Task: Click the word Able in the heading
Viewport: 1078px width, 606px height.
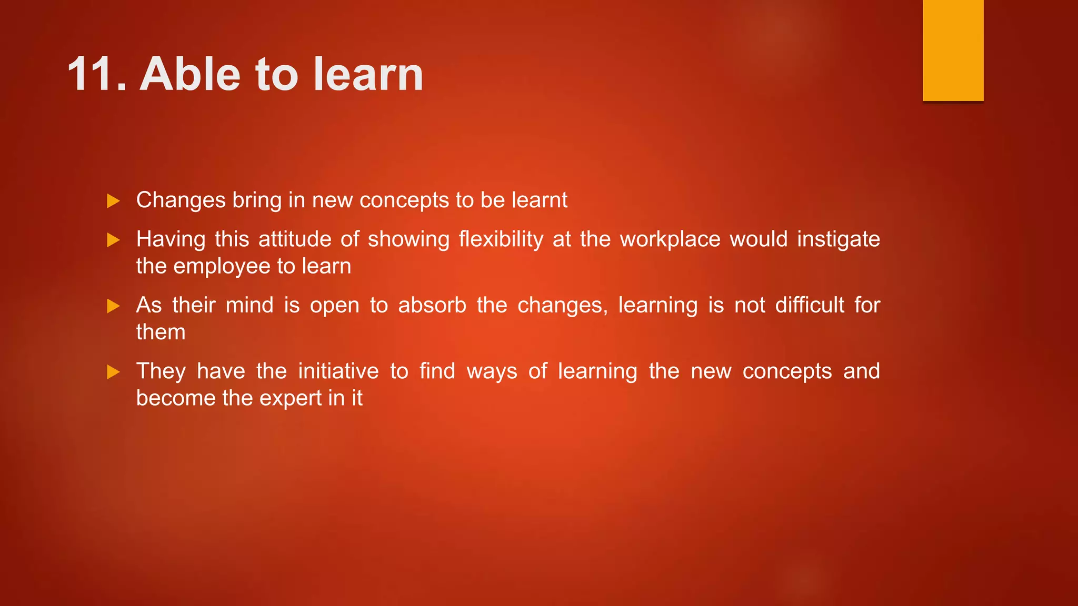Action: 189,75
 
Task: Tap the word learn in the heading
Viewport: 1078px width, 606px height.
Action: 368,75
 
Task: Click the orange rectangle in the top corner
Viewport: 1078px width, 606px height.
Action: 953,50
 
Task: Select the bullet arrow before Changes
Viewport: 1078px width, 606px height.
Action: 113,201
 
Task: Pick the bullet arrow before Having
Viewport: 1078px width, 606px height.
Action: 113,240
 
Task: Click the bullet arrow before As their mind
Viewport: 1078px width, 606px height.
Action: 113,306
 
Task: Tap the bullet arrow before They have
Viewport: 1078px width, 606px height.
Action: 113,372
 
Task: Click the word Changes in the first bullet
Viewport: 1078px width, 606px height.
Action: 181,200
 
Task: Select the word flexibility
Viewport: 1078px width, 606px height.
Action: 501,239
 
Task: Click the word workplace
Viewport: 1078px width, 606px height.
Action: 670,239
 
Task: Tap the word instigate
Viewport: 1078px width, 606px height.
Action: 838,239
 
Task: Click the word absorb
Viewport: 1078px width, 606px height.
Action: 432,305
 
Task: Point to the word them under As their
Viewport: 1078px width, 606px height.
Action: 161,332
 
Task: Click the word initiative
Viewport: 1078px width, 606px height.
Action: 338,371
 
